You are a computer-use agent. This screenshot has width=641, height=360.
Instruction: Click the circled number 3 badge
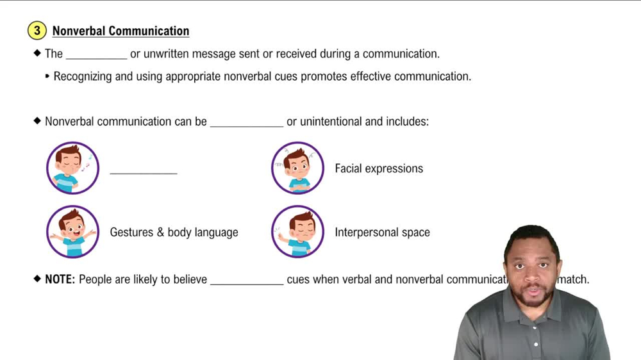[37, 31]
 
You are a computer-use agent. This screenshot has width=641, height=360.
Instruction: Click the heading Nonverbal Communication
[121, 31]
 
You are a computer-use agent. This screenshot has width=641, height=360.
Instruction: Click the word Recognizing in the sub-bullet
[85, 76]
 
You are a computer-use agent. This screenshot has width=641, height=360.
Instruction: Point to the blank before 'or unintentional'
[246, 122]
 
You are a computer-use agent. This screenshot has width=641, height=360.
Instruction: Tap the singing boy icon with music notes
[72, 168]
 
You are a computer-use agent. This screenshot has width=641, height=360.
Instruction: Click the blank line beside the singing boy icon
[143, 172]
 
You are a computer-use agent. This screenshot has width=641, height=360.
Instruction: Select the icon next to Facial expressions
[297, 168]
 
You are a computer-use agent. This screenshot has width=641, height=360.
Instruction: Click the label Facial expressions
[379, 168]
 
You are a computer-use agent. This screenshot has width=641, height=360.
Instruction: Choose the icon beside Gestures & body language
[72, 232]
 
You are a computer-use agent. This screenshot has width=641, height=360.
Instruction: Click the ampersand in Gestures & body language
[160, 233]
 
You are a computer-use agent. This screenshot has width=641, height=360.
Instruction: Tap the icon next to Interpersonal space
[297, 232]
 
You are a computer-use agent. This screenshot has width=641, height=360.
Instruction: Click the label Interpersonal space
[382, 233]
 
